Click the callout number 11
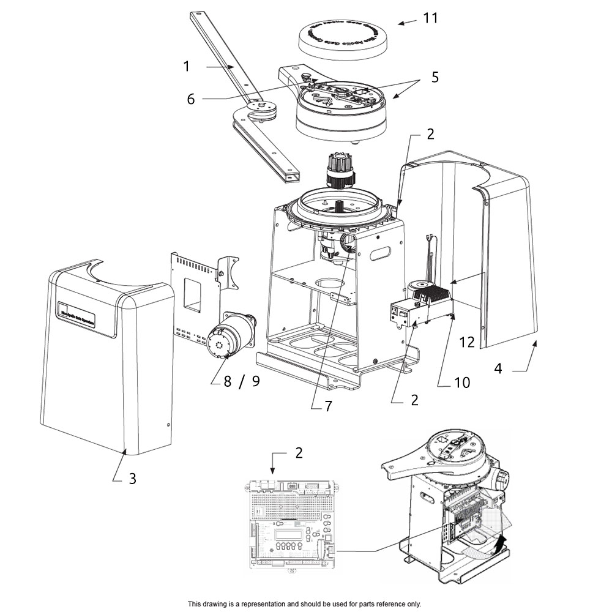coord(430,18)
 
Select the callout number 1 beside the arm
coord(187,65)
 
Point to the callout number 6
coord(191,99)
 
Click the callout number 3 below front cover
coord(132,478)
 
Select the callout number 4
coord(498,369)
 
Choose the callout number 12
coord(466,343)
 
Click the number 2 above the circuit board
coord(298,453)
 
